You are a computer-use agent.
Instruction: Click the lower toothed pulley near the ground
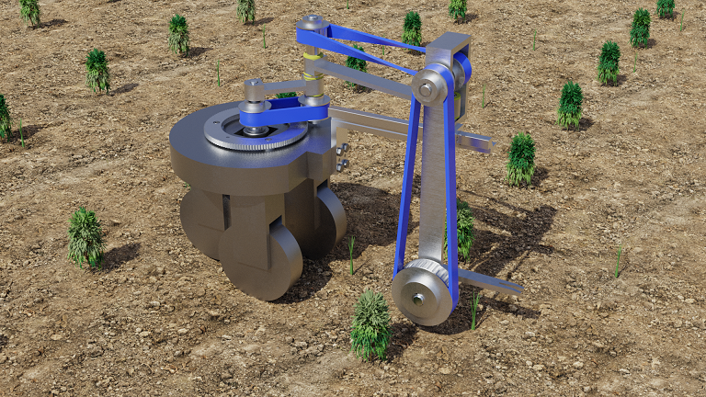point(422,292)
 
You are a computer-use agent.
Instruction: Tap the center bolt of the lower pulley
point(418,299)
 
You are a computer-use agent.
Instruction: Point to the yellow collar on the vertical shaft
point(313,57)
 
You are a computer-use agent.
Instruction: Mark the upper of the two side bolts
point(342,149)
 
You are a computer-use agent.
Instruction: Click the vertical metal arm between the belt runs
point(431,184)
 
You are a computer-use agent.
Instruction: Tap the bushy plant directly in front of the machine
point(370,324)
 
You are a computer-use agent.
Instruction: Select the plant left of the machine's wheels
point(85,236)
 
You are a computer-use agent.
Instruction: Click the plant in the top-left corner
point(30,11)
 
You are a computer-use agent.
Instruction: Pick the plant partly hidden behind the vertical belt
point(463,230)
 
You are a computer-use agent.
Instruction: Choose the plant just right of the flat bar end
point(521,158)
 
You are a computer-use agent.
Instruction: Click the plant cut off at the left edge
point(4,117)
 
